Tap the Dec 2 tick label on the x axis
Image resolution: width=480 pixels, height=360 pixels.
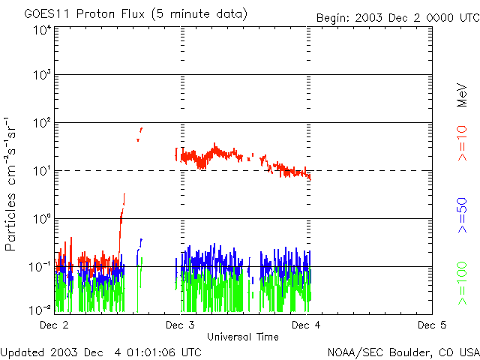pos(54,325)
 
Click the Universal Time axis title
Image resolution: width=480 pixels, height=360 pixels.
pos(243,337)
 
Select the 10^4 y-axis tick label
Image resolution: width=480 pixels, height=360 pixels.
pos(41,29)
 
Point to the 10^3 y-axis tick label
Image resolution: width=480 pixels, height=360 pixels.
pos(41,76)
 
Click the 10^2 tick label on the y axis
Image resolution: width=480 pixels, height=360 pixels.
pos(41,123)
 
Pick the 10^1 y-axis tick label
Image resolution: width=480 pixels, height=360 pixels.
pos(41,171)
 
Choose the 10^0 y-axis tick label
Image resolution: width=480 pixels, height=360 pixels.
pos(41,219)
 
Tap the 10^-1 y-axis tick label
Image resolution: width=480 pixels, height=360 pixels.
pos(40,267)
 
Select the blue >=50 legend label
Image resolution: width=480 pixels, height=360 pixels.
pos(463,218)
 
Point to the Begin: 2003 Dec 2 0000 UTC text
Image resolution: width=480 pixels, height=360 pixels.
pos(397,16)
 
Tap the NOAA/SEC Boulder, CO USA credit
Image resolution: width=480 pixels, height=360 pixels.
pos(403,352)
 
